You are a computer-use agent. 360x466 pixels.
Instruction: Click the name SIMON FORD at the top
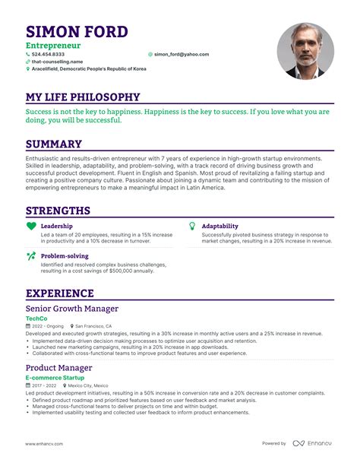point(77,32)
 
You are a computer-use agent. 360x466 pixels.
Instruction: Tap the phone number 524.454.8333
point(47,55)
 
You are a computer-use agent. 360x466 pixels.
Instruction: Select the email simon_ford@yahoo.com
point(181,55)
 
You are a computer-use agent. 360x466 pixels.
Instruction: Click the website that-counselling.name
point(56,62)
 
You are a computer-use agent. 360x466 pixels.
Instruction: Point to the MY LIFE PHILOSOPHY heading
point(83,97)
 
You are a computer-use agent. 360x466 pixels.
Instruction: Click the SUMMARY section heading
point(54,144)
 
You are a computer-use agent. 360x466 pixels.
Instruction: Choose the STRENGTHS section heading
point(58,211)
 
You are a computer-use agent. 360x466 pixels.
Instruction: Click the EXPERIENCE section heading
point(60,293)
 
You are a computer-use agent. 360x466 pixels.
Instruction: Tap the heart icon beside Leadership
point(31,226)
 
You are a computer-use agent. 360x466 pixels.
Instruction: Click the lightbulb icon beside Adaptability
point(192,226)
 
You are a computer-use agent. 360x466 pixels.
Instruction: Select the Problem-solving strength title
point(64,256)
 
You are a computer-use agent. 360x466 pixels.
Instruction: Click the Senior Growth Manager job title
point(72,309)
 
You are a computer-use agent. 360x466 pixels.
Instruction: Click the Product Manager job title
point(59,368)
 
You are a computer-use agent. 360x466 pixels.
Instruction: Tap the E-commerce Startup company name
point(54,378)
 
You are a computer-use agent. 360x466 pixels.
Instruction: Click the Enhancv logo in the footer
point(314,443)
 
